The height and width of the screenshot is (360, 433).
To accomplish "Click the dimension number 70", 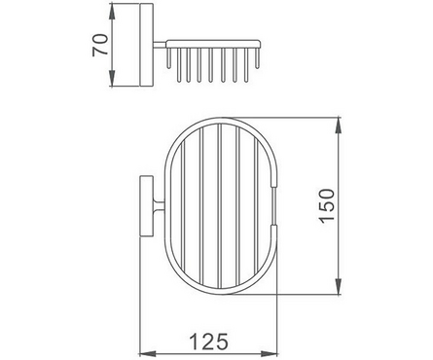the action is coord(100,45).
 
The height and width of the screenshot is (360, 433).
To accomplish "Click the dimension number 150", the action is coord(326,205).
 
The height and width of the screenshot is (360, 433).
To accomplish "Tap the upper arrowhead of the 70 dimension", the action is coord(112,14).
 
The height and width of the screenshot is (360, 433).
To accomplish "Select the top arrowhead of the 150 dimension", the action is coord(338,126).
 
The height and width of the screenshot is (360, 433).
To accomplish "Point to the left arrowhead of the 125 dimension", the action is coord(149,353).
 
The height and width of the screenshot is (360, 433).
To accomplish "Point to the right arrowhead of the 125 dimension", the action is coord(269,353).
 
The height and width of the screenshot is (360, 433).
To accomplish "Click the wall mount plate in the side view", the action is coord(147,46).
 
